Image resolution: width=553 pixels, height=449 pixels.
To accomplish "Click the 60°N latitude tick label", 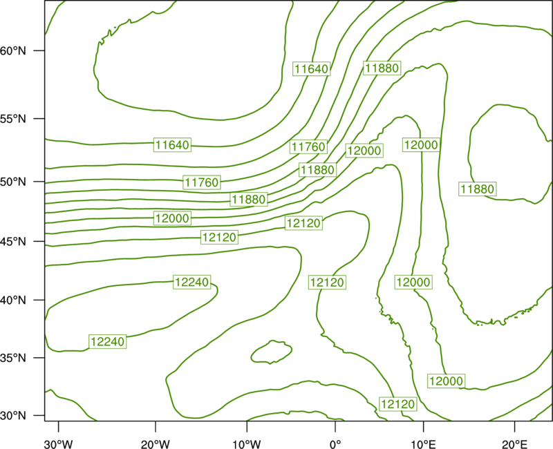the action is point(12,51).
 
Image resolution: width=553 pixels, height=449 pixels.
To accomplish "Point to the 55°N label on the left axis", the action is point(12,119).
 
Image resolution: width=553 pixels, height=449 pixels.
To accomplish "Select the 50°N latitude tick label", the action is point(12,182).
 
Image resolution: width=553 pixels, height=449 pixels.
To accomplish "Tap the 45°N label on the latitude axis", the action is point(12,242).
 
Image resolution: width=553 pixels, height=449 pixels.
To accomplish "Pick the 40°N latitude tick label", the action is point(12,300).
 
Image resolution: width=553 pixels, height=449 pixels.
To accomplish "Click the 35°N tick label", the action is point(12,358).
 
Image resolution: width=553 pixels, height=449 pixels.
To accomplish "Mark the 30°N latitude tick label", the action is point(12,416).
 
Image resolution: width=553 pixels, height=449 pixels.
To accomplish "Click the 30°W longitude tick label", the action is point(59,444).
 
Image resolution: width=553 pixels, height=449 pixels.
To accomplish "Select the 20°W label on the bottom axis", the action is point(155,444).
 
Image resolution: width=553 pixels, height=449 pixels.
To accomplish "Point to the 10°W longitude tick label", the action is point(247,444).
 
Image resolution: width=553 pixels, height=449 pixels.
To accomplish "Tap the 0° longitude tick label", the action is point(335,444).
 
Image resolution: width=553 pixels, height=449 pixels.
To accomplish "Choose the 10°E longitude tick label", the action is point(423,444).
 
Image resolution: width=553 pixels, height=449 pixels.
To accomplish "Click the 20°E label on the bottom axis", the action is point(514,444).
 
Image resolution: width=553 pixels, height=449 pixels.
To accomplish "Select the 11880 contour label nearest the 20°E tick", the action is point(478,189).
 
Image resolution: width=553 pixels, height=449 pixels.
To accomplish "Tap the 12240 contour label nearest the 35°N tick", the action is point(108,341).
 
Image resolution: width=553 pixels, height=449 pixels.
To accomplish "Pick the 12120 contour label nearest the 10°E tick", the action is point(398,404).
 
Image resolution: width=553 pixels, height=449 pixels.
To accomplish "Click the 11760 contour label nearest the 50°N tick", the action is point(202,182).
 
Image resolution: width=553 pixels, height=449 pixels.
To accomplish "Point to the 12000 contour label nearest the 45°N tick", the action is point(172,218).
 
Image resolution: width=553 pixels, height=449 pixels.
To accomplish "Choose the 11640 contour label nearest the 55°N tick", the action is point(172,145).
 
